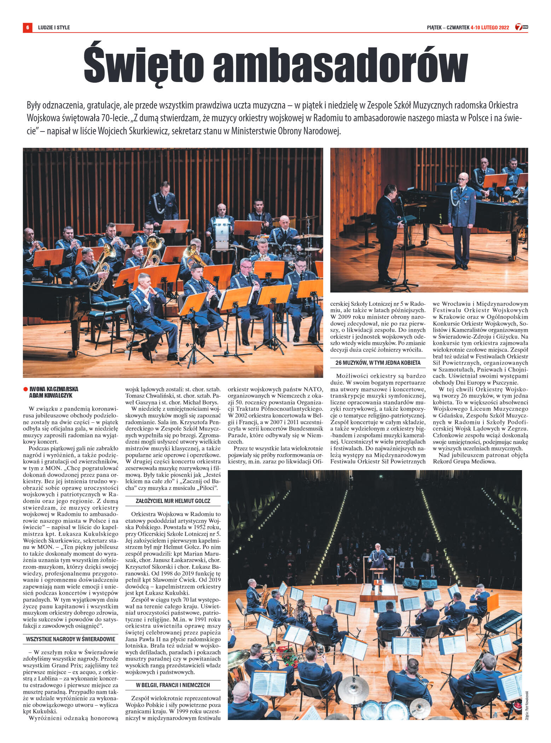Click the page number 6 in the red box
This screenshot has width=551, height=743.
[x=28, y=27]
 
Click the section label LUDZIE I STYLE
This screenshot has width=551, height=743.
[x=54, y=28]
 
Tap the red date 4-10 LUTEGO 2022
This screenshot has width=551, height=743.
[x=490, y=28]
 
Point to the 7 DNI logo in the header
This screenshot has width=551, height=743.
[x=521, y=27]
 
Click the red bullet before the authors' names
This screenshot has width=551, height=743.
[x=25, y=389]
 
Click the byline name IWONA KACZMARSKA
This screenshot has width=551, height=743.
[x=54, y=389]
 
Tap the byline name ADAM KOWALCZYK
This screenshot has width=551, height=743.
[x=51, y=396]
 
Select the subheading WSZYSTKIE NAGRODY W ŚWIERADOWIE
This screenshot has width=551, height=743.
[x=71, y=639]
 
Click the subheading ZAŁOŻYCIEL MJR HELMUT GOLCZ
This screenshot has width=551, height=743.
[x=173, y=501]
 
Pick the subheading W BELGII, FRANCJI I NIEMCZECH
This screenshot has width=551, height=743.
[x=173, y=685]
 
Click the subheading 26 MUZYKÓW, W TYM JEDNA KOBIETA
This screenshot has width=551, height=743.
[x=378, y=363]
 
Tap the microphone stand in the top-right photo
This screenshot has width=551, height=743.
[x=404, y=247]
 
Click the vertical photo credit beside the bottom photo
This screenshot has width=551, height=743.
[x=526, y=706]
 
